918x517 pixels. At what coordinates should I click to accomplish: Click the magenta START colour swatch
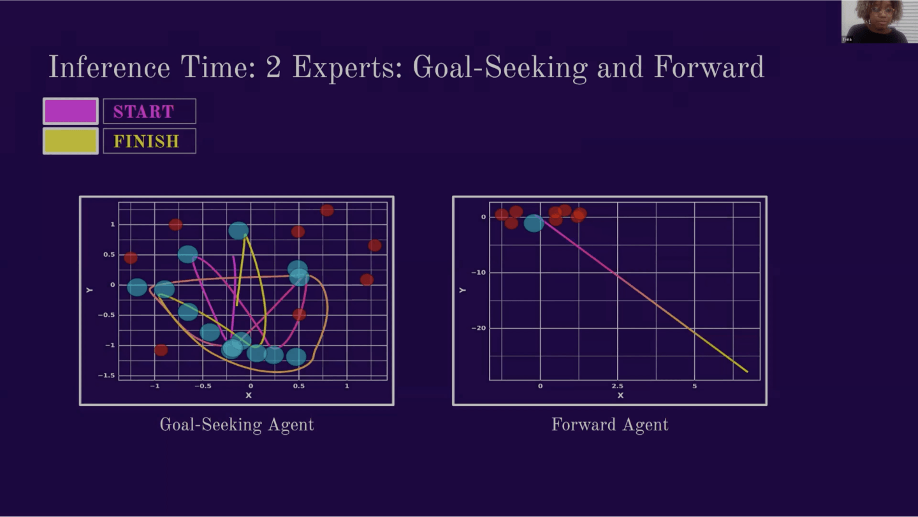click(71, 111)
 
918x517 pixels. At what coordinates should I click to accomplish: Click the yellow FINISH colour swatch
click(71, 141)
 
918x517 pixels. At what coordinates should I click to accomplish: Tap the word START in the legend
click(144, 112)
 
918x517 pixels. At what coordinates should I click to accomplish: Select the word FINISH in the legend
click(147, 142)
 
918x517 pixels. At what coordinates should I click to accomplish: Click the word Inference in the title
click(109, 67)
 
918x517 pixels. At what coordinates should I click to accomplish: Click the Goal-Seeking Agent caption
click(237, 425)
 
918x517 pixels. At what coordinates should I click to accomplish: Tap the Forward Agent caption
click(610, 425)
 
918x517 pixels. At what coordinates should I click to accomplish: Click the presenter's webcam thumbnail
click(880, 21)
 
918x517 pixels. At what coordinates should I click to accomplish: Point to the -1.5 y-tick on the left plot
click(106, 375)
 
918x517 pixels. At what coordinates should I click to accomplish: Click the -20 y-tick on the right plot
click(479, 328)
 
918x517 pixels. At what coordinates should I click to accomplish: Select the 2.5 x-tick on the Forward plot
click(617, 386)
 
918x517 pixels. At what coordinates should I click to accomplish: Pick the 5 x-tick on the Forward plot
click(694, 386)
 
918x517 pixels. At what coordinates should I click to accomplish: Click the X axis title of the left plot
click(249, 395)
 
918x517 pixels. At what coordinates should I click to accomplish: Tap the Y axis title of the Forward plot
click(463, 290)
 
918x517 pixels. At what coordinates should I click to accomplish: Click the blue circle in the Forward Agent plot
click(534, 223)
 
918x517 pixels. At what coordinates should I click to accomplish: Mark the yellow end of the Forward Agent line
click(748, 372)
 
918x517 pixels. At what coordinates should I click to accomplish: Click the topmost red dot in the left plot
click(327, 210)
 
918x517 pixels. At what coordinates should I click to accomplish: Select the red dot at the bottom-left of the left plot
click(161, 350)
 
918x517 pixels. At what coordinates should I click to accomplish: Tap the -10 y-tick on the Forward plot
click(479, 272)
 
